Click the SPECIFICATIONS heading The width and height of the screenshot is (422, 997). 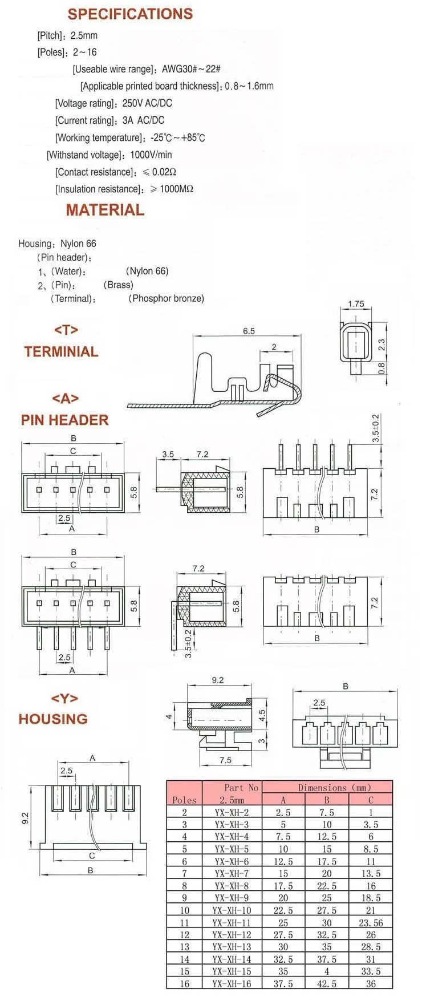point(130,14)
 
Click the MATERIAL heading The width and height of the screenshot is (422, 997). point(105,210)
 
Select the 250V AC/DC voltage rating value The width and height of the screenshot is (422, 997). point(147,103)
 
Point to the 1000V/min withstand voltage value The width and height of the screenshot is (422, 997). point(151,155)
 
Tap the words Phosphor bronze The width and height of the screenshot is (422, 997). point(167,298)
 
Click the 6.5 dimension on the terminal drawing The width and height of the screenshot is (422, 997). point(249,331)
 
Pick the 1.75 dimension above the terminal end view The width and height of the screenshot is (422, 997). point(356,304)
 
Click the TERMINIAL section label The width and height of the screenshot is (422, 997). point(61,351)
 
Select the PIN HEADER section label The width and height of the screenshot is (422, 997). point(64,420)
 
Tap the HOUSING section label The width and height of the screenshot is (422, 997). point(53,719)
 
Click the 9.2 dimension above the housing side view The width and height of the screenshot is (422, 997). point(217,680)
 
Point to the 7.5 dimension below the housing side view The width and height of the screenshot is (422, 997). point(225,760)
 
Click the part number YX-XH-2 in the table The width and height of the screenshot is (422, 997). point(232,812)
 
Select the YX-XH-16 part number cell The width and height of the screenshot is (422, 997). point(232,984)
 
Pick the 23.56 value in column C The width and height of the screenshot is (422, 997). point(371,923)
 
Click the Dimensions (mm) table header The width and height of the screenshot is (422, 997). point(326,788)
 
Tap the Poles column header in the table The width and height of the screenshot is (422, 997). point(184,800)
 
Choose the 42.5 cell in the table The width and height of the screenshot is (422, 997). point(327,984)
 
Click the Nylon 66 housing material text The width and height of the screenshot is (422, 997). point(78,244)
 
